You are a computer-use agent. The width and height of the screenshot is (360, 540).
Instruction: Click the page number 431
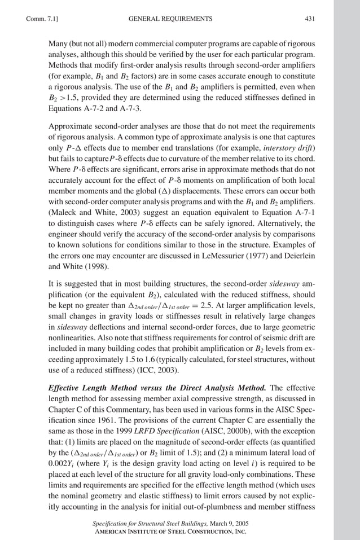[309, 19]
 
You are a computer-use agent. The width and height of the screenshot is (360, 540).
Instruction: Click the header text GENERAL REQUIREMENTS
[170, 19]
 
